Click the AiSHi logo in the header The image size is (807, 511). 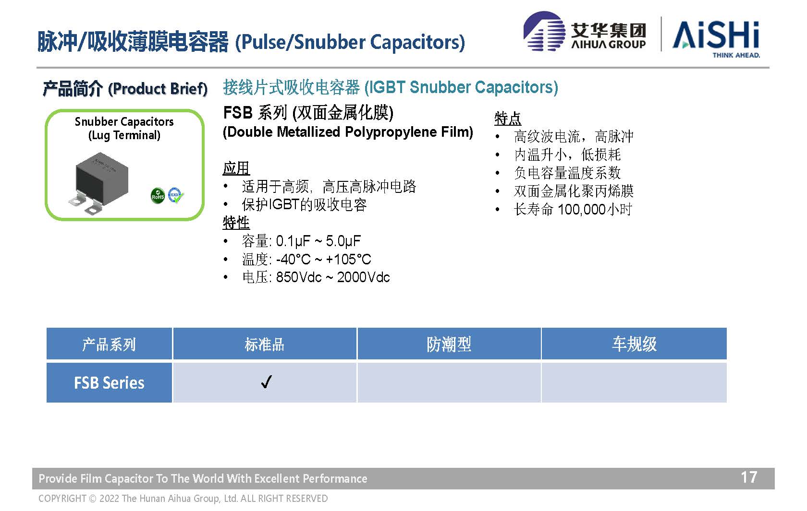[716, 38]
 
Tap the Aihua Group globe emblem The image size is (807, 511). [544, 31]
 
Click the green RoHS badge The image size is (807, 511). [158, 196]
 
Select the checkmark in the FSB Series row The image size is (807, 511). [266, 382]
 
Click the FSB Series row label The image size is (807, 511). [109, 382]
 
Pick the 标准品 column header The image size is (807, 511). [264, 344]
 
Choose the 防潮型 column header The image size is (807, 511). [449, 344]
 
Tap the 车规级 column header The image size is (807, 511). [634, 344]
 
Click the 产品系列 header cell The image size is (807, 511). [109, 344]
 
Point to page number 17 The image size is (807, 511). [749, 477]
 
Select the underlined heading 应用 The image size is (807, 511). [236, 168]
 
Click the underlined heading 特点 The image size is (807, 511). [508, 119]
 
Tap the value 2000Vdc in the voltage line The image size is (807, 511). [364, 277]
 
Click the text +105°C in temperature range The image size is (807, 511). [348, 259]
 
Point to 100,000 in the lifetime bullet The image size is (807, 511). [582, 209]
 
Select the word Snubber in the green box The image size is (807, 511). [96, 122]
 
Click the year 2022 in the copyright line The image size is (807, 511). [110, 499]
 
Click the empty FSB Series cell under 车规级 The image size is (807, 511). [634, 382]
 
